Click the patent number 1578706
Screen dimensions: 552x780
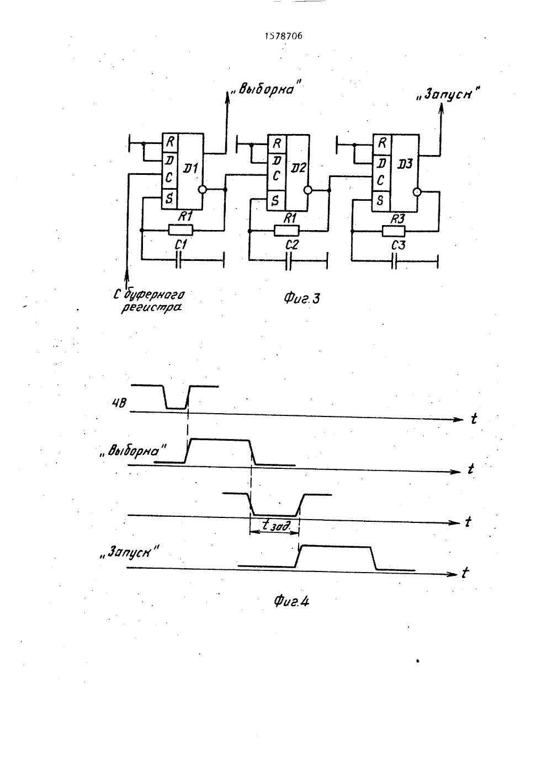[283, 36]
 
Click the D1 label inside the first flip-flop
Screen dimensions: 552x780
[190, 169]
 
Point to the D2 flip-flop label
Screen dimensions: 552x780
[298, 168]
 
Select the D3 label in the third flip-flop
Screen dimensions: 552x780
[405, 164]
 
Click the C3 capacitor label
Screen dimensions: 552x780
[398, 245]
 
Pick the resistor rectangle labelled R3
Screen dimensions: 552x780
[394, 231]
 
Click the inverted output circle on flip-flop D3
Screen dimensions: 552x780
[417, 192]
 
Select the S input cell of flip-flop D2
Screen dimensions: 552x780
[276, 200]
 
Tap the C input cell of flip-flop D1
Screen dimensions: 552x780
[169, 178]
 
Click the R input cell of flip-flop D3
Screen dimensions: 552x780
[383, 143]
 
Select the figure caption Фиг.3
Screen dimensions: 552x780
[301, 298]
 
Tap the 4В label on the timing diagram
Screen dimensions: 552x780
[119, 403]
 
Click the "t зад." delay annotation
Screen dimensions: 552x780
[275, 526]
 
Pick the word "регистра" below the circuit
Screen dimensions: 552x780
[152, 308]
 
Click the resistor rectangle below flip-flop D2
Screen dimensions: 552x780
[286, 231]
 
